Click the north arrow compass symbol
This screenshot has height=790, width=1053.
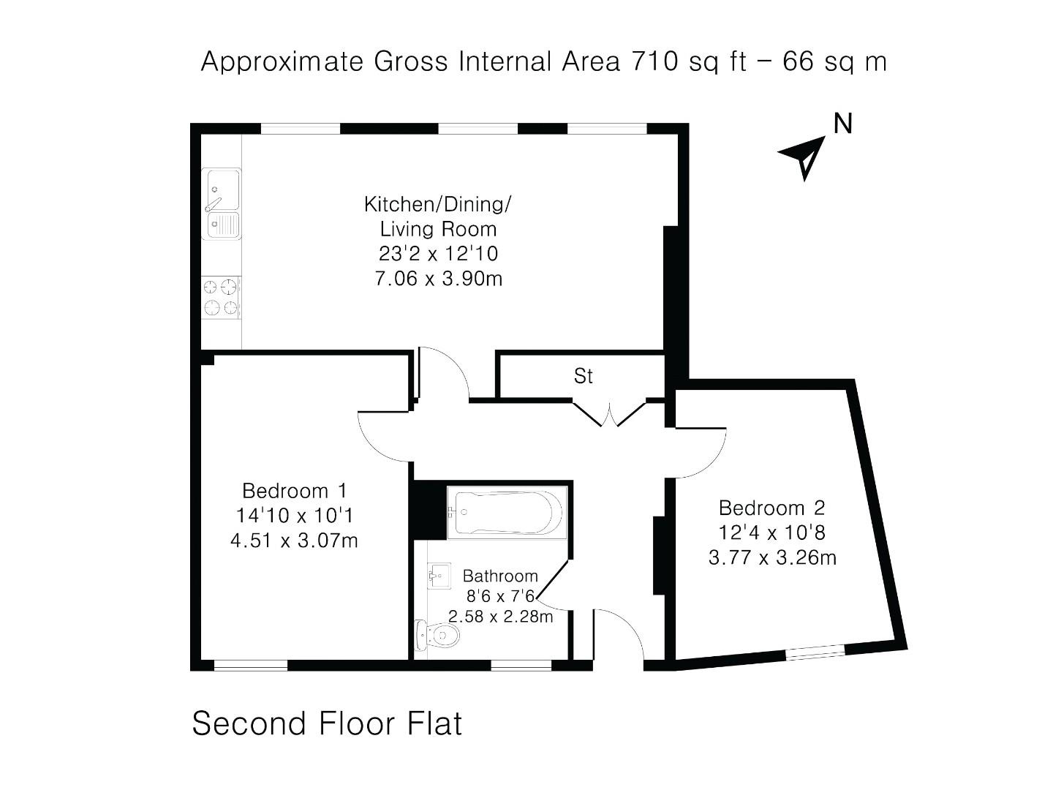[804, 156]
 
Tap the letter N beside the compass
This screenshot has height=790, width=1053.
[843, 124]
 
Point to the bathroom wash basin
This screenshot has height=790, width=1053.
[439, 576]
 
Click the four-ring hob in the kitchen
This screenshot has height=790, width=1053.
[221, 297]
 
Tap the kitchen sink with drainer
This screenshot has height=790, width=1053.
[222, 204]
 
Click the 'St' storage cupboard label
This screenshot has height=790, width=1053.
[583, 376]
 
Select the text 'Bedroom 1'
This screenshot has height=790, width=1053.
[295, 490]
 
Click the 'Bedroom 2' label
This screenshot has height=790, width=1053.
[771, 508]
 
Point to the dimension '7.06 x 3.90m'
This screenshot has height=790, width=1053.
[438, 279]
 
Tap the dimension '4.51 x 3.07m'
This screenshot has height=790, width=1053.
[294, 541]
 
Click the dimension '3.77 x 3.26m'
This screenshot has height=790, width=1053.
[772, 558]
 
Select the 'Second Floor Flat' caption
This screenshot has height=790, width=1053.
[327, 723]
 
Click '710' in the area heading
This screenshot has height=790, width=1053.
[655, 61]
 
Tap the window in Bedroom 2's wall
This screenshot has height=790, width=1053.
[815, 652]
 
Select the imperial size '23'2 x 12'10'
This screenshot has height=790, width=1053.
[438, 254]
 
